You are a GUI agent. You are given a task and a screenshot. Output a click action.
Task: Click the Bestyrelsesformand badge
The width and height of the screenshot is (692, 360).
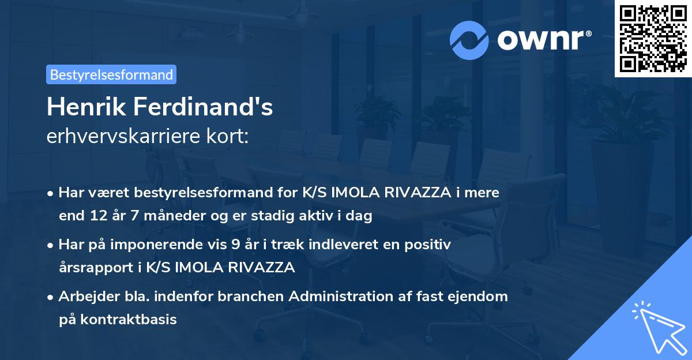[111, 74]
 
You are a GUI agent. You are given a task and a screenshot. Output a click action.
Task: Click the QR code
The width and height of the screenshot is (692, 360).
[653, 39]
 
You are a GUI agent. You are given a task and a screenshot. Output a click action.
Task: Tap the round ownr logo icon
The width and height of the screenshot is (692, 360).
[469, 40]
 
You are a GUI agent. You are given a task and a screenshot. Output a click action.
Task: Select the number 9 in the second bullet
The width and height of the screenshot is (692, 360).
[235, 245]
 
